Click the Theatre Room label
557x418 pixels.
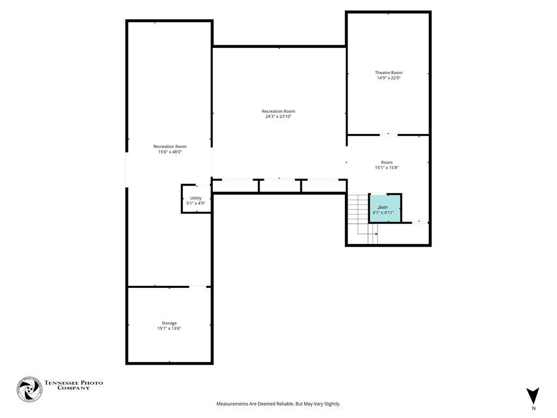click(x=388, y=72)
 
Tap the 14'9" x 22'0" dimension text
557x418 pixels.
click(x=388, y=78)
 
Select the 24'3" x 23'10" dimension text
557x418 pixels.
click(x=278, y=116)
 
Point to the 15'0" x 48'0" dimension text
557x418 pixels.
click(x=170, y=152)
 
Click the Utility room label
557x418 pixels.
click(x=196, y=198)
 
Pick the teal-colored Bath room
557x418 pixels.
click(x=385, y=208)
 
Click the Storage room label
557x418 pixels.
click(x=169, y=323)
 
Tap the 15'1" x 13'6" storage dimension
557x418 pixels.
click(x=169, y=328)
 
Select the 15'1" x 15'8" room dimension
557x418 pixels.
click(x=387, y=168)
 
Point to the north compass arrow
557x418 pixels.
click(x=533, y=395)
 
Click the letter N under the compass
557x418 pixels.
click(x=533, y=408)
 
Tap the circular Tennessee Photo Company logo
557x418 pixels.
click(x=29, y=390)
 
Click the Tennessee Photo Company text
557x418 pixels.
click(x=73, y=385)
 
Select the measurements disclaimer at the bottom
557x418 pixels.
click(x=278, y=404)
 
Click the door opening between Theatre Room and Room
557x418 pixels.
click(x=388, y=134)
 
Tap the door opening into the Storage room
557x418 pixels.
click(x=197, y=286)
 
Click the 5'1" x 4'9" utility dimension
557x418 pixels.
click(x=196, y=203)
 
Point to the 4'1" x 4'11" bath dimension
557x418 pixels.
click(x=383, y=213)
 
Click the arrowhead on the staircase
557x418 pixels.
click(x=376, y=234)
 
